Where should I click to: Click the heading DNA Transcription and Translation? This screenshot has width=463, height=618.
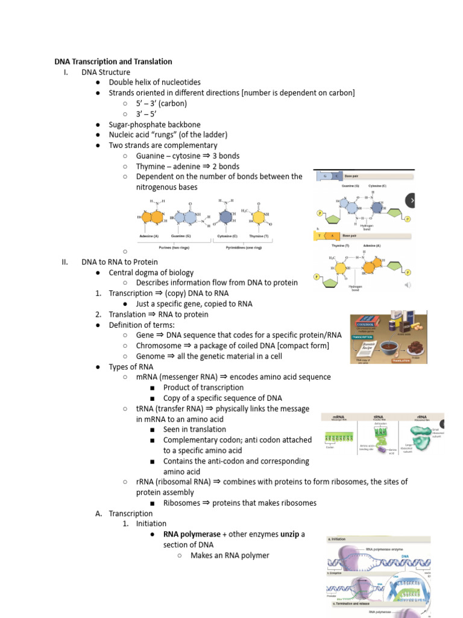113,62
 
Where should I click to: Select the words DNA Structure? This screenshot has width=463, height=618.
106,72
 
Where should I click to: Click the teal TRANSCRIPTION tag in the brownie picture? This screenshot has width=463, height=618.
362,337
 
